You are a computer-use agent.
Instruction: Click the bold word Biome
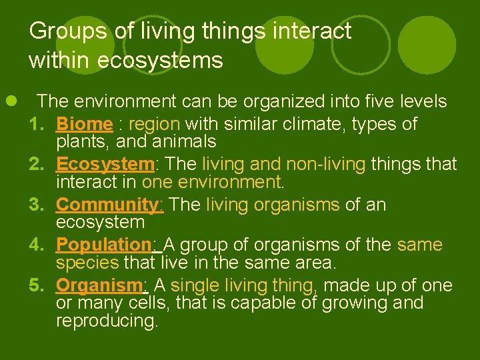tap(84, 125)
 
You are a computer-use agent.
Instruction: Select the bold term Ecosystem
tap(105, 165)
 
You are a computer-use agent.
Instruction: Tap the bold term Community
tap(109, 205)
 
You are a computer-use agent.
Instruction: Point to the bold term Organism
tap(99, 286)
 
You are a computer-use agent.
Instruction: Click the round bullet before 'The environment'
tap(11, 101)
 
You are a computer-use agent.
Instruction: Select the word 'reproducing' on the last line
tap(107, 321)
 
